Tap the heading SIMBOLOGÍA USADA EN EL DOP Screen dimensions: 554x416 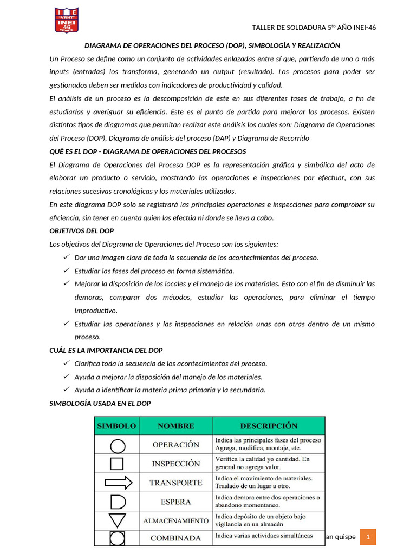tap(100, 403)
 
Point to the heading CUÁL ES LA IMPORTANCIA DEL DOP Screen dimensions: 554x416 tap(106, 350)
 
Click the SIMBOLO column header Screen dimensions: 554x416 tap(116, 426)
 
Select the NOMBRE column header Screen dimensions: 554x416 tap(175, 426)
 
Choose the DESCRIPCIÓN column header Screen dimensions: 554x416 tap(269, 426)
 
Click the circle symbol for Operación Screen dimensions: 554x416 tap(118, 446)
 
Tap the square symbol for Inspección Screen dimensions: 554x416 tap(118, 464)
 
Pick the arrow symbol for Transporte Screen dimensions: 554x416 tap(118, 482)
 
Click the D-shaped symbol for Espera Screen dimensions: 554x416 tap(118, 502)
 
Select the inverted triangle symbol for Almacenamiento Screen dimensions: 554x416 tap(118, 520)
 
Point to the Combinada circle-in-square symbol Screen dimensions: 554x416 tap(118, 538)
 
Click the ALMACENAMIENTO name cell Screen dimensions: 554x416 tap(175, 520)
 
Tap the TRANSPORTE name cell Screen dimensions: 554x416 tap(175, 483)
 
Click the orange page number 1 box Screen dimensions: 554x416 tap(368, 537)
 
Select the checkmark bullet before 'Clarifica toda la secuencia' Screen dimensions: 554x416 tap(66, 363)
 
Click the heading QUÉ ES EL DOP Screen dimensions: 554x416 tap(147, 151)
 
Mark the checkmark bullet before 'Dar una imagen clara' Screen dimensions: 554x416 tap(66, 257)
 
